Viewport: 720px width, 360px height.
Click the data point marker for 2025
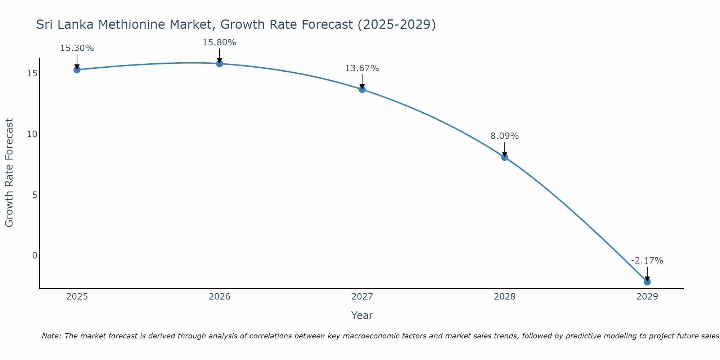[x=77, y=69]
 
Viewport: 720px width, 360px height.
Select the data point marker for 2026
[x=220, y=63]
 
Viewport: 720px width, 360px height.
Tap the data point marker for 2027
[x=362, y=89]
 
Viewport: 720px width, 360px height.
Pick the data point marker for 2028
[x=505, y=157]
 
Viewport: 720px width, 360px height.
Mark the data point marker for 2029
[x=647, y=282]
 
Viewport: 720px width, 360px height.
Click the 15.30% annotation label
[x=77, y=48]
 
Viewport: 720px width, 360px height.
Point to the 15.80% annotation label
[x=220, y=42]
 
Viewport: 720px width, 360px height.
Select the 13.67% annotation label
[x=362, y=68]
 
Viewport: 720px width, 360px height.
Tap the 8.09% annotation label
[x=505, y=136]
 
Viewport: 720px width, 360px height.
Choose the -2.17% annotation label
[x=647, y=261]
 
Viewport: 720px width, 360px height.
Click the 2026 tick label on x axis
[x=220, y=297]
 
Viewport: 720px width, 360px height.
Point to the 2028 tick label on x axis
[x=505, y=297]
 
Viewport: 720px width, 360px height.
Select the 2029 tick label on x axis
[x=647, y=297]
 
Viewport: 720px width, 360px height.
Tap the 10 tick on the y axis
[x=32, y=134]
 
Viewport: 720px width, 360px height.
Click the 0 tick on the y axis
[x=35, y=256]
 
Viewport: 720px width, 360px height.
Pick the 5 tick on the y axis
[x=35, y=195]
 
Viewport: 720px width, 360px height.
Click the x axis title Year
[x=362, y=315]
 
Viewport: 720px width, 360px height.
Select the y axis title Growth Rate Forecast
[x=9, y=173]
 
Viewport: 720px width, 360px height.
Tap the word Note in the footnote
[x=52, y=336]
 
